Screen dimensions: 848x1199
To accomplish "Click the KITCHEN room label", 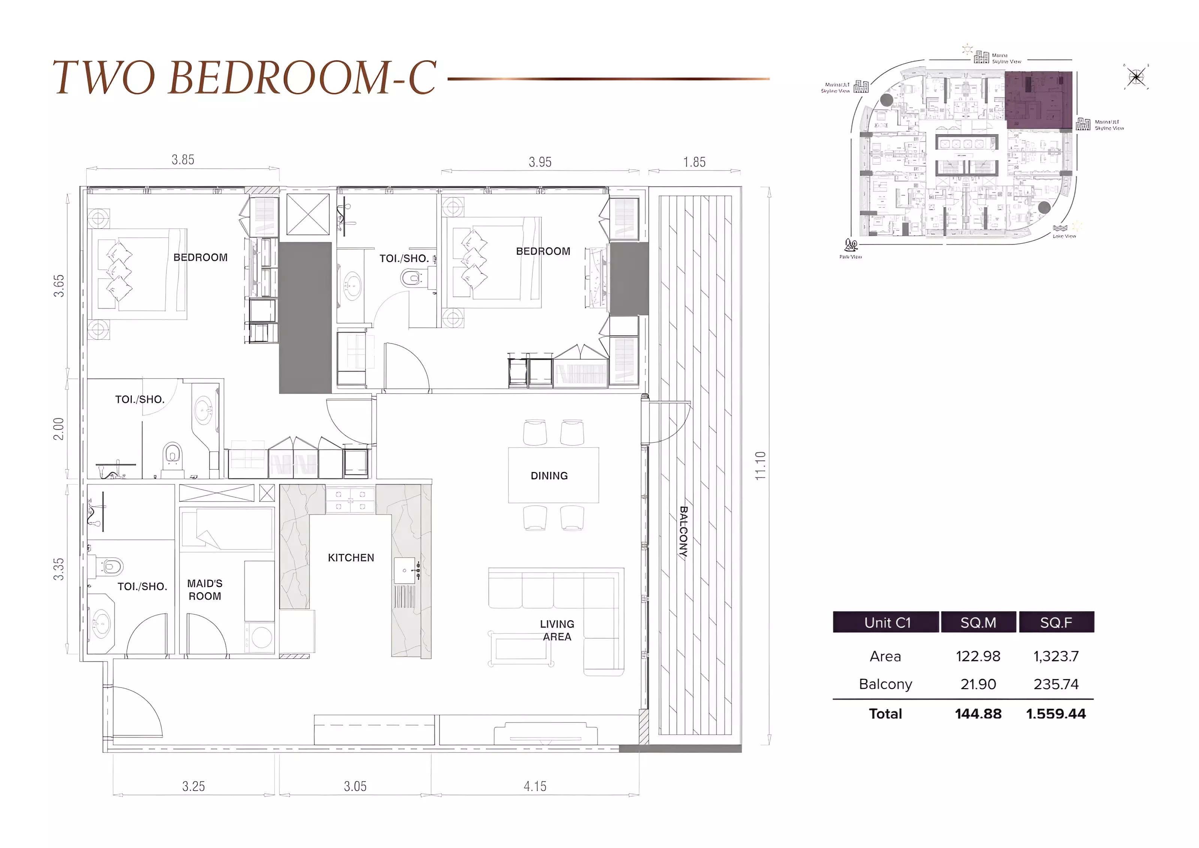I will click(x=351, y=558).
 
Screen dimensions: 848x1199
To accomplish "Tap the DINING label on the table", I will click(x=549, y=476).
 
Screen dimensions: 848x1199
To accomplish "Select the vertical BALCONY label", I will click(x=683, y=532).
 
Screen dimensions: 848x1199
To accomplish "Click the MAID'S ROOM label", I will click(x=205, y=590).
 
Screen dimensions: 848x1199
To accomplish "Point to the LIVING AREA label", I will click(x=557, y=630).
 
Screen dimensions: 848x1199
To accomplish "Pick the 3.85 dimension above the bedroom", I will click(x=183, y=160).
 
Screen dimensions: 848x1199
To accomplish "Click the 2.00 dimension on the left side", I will click(x=58, y=429).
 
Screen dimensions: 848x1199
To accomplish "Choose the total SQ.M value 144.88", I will click(x=978, y=714).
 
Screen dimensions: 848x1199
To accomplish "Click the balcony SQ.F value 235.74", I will click(x=1055, y=684).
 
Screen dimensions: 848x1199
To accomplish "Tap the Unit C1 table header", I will click(x=887, y=623).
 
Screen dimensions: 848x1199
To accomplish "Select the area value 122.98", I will click(x=978, y=656).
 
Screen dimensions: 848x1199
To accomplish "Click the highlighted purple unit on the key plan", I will click(x=1038, y=100).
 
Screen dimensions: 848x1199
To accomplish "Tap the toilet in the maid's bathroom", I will click(x=110, y=566).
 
